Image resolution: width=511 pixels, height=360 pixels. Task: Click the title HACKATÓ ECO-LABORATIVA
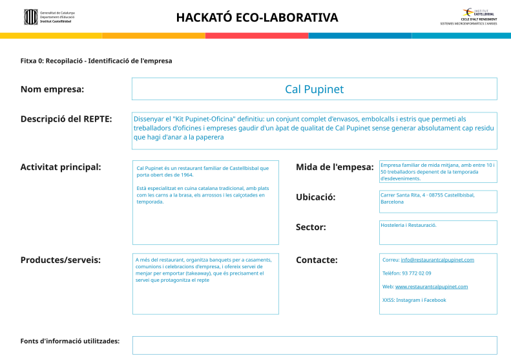pyautogui.click(x=256, y=17)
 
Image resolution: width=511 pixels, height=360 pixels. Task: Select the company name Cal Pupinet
pyautogui.click(x=314, y=89)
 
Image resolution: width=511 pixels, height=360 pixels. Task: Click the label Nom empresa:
pyautogui.click(x=52, y=89)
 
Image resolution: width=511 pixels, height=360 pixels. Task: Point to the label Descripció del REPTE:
pyautogui.click(x=66, y=119)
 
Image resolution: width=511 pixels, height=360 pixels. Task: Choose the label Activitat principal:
pyautogui.click(x=61, y=167)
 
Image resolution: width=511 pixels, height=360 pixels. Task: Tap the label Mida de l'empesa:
pyautogui.click(x=335, y=167)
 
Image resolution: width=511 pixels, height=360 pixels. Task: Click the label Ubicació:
pyautogui.click(x=315, y=197)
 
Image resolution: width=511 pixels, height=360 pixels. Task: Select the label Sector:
pyautogui.click(x=311, y=227)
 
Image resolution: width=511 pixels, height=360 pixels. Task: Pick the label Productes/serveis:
pyautogui.click(x=61, y=260)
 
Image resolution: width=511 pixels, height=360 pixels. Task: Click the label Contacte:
pyautogui.click(x=317, y=260)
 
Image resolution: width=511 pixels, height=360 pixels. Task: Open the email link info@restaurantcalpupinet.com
pyautogui.click(x=437, y=260)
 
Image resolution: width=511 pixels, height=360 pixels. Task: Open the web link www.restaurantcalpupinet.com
pyautogui.click(x=432, y=286)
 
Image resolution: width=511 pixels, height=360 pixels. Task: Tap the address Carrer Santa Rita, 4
pyautogui.click(x=410, y=195)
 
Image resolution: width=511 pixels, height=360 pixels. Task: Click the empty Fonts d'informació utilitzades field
pyautogui.click(x=315, y=345)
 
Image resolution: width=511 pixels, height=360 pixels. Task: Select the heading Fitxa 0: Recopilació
pyautogui.click(x=96, y=61)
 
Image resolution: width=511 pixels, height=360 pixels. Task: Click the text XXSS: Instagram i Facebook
pyautogui.click(x=414, y=300)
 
